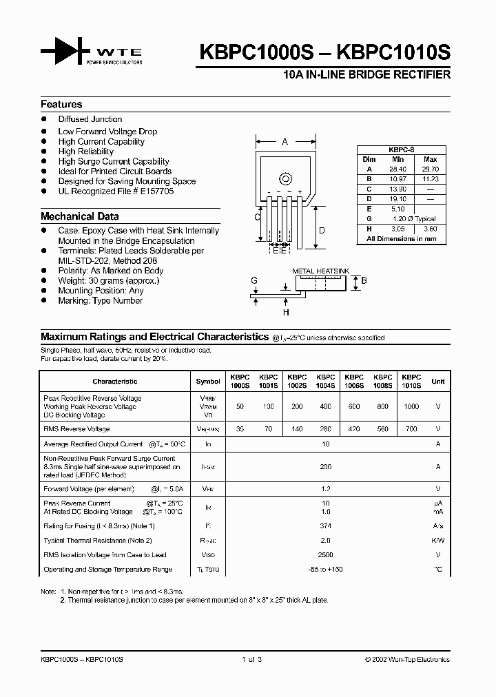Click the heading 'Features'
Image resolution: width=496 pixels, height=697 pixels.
(x=61, y=105)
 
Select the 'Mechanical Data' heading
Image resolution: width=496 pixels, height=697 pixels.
(x=79, y=216)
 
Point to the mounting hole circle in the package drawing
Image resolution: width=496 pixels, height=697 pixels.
(x=285, y=180)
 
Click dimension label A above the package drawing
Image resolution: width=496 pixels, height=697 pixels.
(x=285, y=142)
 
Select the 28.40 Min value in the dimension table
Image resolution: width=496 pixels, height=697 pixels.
(x=397, y=169)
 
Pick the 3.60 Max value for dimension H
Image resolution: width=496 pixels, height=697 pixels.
(x=430, y=228)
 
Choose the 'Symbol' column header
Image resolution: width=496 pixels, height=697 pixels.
(x=208, y=381)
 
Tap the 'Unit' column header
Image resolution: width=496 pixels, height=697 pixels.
(x=437, y=381)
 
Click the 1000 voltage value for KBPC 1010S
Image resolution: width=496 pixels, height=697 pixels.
(x=411, y=407)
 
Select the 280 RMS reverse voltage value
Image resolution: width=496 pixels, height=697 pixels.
(x=325, y=429)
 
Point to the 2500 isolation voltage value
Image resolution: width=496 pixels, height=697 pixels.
(x=326, y=554)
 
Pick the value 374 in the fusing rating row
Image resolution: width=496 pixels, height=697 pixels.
(x=326, y=526)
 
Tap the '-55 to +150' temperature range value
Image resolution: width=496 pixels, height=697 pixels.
(x=326, y=570)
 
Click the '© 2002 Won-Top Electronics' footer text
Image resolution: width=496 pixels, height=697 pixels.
(x=407, y=659)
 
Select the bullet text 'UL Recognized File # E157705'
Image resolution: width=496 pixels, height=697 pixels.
(x=116, y=191)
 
